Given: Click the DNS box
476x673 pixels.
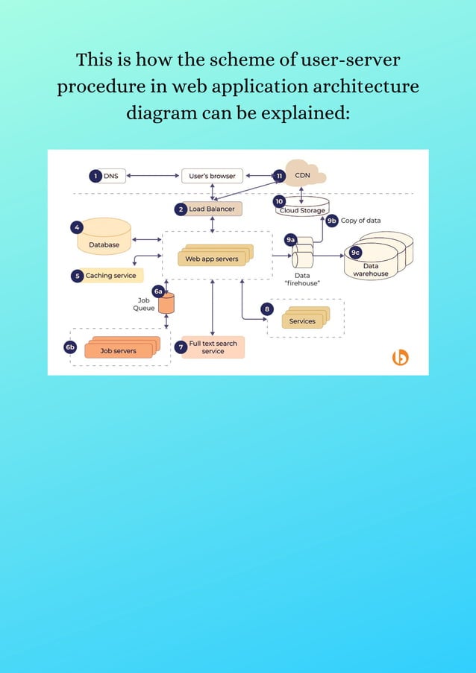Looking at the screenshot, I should [x=110, y=176].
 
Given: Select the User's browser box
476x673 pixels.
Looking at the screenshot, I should [x=212, y=176].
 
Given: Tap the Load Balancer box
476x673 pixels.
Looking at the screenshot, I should [x=211, y=209].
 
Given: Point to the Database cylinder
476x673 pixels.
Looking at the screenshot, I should [x=104, y=237].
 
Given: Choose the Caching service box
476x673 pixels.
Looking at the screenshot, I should [x=110, y=276].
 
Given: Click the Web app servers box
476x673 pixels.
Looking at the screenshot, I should [x=212, y=259].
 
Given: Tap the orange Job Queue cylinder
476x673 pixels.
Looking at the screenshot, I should [x=166, y=303].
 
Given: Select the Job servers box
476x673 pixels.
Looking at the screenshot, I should [x=119, y=350].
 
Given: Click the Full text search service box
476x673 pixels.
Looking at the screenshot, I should [x=213, y=347].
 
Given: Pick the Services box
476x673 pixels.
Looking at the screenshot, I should [x=302, y=320].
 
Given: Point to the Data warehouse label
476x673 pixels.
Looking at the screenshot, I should [x=371, y=270].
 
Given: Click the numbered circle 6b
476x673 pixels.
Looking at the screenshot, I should [x=70, y=347].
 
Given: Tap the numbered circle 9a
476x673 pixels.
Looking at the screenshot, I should [x=291, y=239].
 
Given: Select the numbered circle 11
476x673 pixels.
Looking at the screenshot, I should [x=279, y=176].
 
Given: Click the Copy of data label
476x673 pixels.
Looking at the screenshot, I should [x=360, y=221].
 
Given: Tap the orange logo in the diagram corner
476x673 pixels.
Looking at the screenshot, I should [x=401, y=358].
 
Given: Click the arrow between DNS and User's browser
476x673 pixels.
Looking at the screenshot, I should [x=153, y=176].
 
